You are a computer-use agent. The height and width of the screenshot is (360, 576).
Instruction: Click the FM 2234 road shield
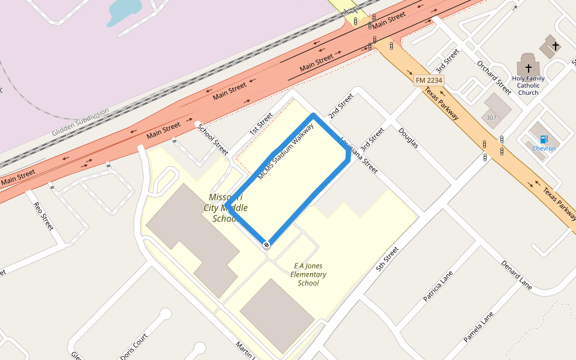click(428, 80)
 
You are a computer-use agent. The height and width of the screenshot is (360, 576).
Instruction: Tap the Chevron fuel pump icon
click(544, 140)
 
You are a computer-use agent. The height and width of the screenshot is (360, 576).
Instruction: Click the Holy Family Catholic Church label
click(528, 85)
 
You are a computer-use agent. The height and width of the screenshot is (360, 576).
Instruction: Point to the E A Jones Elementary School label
click(308, 274)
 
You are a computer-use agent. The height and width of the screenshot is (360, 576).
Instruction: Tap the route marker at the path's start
click(266, 244)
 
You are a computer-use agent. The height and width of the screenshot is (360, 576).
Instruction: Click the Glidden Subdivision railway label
click(81, 122)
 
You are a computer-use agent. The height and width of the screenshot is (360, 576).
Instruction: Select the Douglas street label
click(408, 138)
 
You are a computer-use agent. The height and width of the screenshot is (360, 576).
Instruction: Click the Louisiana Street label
click(359, 154)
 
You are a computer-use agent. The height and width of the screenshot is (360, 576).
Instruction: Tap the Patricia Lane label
click(437, 286)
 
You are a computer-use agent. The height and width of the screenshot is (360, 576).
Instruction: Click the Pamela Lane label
click(478, 327)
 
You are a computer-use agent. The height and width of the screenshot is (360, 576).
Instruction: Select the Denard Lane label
click(517, 274)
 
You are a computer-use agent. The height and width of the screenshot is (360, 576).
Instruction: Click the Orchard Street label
click(494, 77)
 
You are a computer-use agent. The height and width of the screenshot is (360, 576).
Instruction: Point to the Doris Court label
click(133, 347)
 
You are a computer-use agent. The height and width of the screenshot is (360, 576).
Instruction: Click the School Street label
click(213, 139)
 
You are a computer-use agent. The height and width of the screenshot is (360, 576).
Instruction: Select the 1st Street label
click(261, 122)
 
